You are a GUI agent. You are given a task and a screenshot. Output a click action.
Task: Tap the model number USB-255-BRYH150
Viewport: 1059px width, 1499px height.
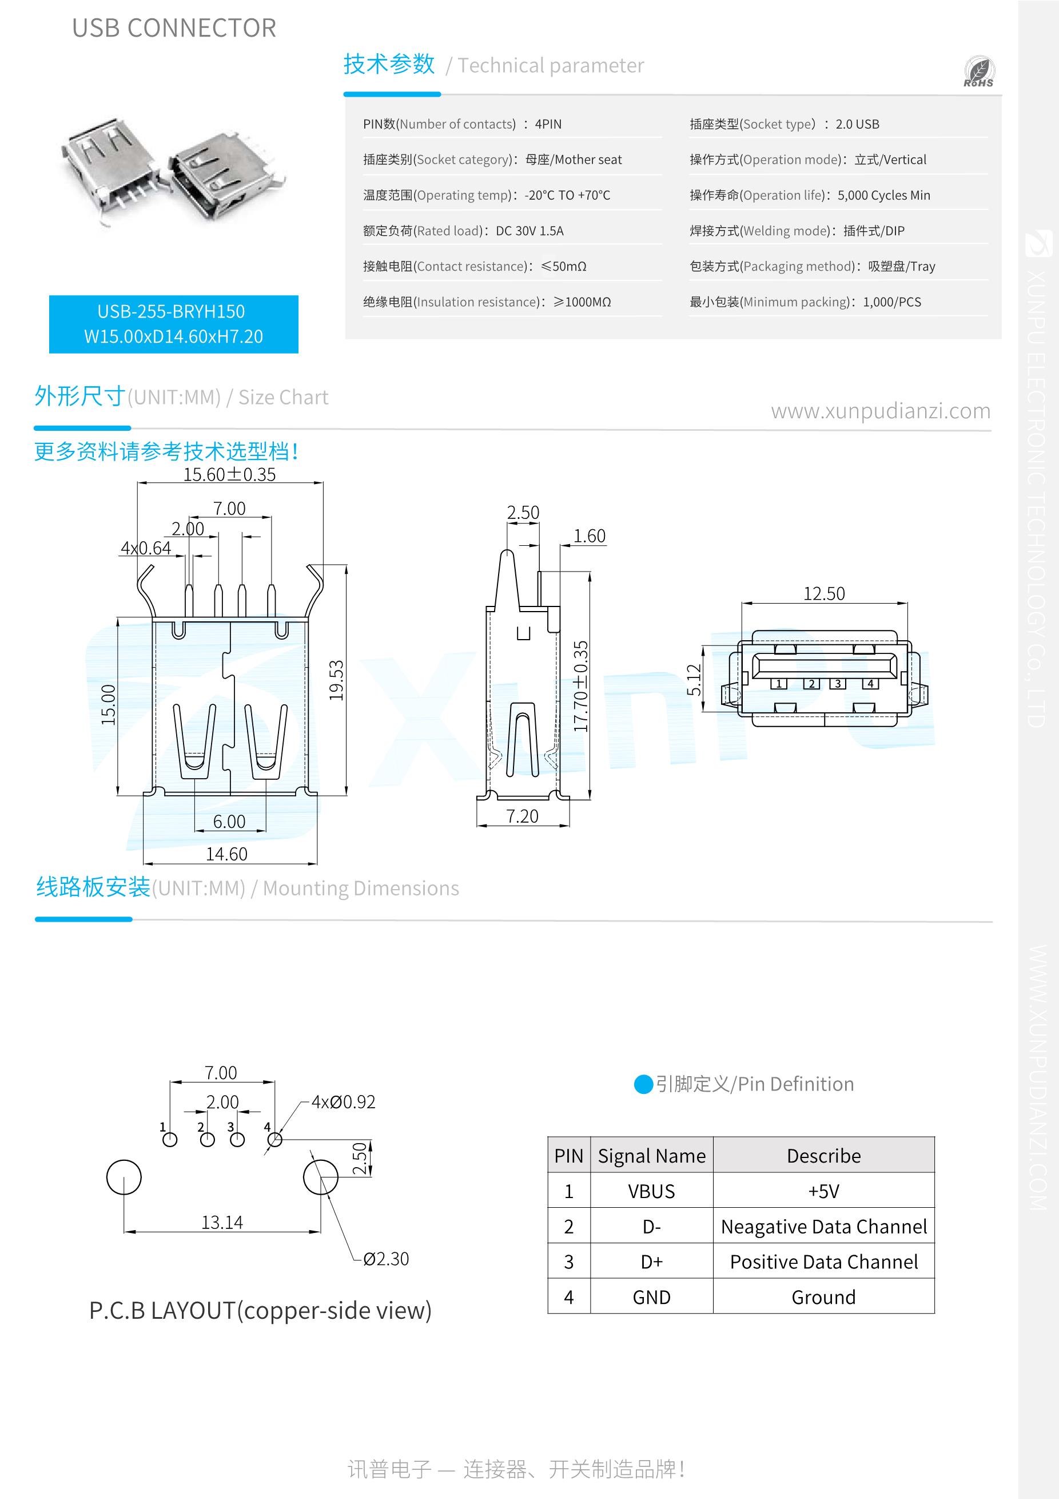pos(171,311)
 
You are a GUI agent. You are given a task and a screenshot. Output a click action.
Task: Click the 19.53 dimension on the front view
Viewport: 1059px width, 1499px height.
pos(336,680)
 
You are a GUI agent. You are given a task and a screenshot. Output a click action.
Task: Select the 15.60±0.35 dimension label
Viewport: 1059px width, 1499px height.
pos(229,475)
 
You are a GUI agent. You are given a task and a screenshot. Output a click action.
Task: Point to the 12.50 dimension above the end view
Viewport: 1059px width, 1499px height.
pos(823,593)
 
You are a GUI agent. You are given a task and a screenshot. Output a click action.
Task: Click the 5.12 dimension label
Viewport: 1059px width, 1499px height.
pos(694,680)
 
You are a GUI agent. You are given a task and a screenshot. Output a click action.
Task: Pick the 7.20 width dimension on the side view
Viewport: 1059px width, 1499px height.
pos(523,816)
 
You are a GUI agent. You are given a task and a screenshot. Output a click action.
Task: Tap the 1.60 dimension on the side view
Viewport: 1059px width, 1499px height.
pos(589,536)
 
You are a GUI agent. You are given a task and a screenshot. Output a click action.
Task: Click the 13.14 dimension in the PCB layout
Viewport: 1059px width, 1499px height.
pos(222,1222)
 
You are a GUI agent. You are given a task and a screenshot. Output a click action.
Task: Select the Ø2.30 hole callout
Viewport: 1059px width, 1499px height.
pos(385,1259)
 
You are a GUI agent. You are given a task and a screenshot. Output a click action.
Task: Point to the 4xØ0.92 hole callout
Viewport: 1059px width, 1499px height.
pos(343,1102)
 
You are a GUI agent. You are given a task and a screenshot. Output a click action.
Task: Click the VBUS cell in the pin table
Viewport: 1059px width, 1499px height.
pos(651,1192)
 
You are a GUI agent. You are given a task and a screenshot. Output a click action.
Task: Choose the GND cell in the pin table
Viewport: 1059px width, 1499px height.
pos(651,1297)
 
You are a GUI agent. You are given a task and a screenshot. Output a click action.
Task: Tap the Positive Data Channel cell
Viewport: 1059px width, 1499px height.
pos(823,1262)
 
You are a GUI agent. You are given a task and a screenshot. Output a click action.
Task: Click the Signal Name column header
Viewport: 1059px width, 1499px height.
pos(652,1156)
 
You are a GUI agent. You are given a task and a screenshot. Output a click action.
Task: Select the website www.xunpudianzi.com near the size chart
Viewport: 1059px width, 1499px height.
pos(881,411)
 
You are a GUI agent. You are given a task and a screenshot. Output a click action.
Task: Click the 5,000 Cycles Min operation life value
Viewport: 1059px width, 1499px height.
pos(884,195)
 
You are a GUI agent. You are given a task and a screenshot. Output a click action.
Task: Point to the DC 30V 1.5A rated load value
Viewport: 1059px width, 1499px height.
pos(530,231)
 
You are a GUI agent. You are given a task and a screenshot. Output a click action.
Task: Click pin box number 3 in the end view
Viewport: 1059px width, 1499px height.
pos(838,684)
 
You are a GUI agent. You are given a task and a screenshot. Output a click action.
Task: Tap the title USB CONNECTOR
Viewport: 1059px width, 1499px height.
pos(174,28)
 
